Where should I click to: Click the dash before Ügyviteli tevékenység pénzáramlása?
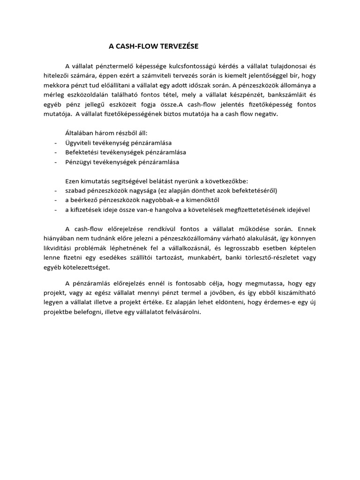click(x=56, y=143)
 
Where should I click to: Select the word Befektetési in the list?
click(x=82, y=152)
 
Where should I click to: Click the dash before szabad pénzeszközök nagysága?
click(x=56, y=191)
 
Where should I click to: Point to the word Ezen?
click(x=72, y=181)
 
